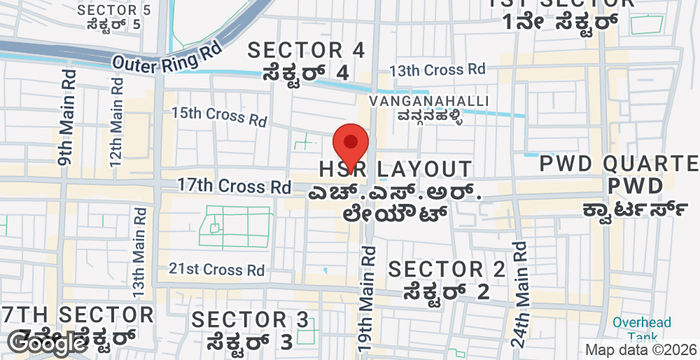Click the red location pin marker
coord(350,146)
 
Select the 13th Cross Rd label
coord(437,71)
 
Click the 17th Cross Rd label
coord(234,186)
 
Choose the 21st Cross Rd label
coord(216,269)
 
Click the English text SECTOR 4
coord(307,50)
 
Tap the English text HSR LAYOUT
coord(396,168)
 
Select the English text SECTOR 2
coord(447,268)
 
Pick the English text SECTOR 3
coord(250,319)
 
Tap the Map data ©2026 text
coord(641,350)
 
